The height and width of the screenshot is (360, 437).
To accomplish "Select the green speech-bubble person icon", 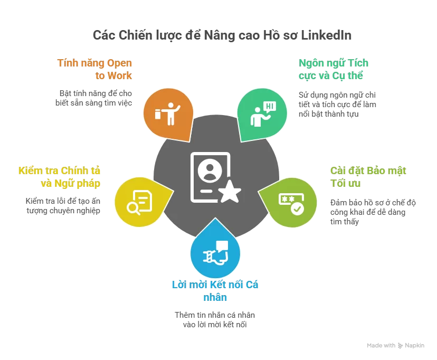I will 262,112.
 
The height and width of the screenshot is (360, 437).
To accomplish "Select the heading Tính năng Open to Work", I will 95,69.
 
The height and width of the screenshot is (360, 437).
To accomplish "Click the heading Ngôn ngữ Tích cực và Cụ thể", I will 333,69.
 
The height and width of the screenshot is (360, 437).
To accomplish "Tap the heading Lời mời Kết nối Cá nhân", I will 215,291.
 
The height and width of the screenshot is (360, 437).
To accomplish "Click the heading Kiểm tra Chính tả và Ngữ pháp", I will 59,177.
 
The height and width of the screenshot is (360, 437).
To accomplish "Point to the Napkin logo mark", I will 401,346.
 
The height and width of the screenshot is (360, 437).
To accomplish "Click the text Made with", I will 381,346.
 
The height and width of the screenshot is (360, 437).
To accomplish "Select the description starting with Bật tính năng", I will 95,98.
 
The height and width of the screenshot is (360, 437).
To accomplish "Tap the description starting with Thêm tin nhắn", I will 215,320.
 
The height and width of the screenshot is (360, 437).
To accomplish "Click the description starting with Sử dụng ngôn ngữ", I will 337,104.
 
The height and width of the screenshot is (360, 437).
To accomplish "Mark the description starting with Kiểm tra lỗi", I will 63,206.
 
